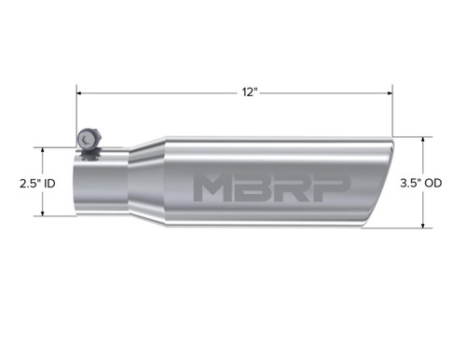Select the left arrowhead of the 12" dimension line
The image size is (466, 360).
[80, 93]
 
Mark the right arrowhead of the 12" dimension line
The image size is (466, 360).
[389, 93]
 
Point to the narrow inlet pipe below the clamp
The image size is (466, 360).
[98, 185]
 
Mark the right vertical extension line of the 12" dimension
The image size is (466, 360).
[392, 112]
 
